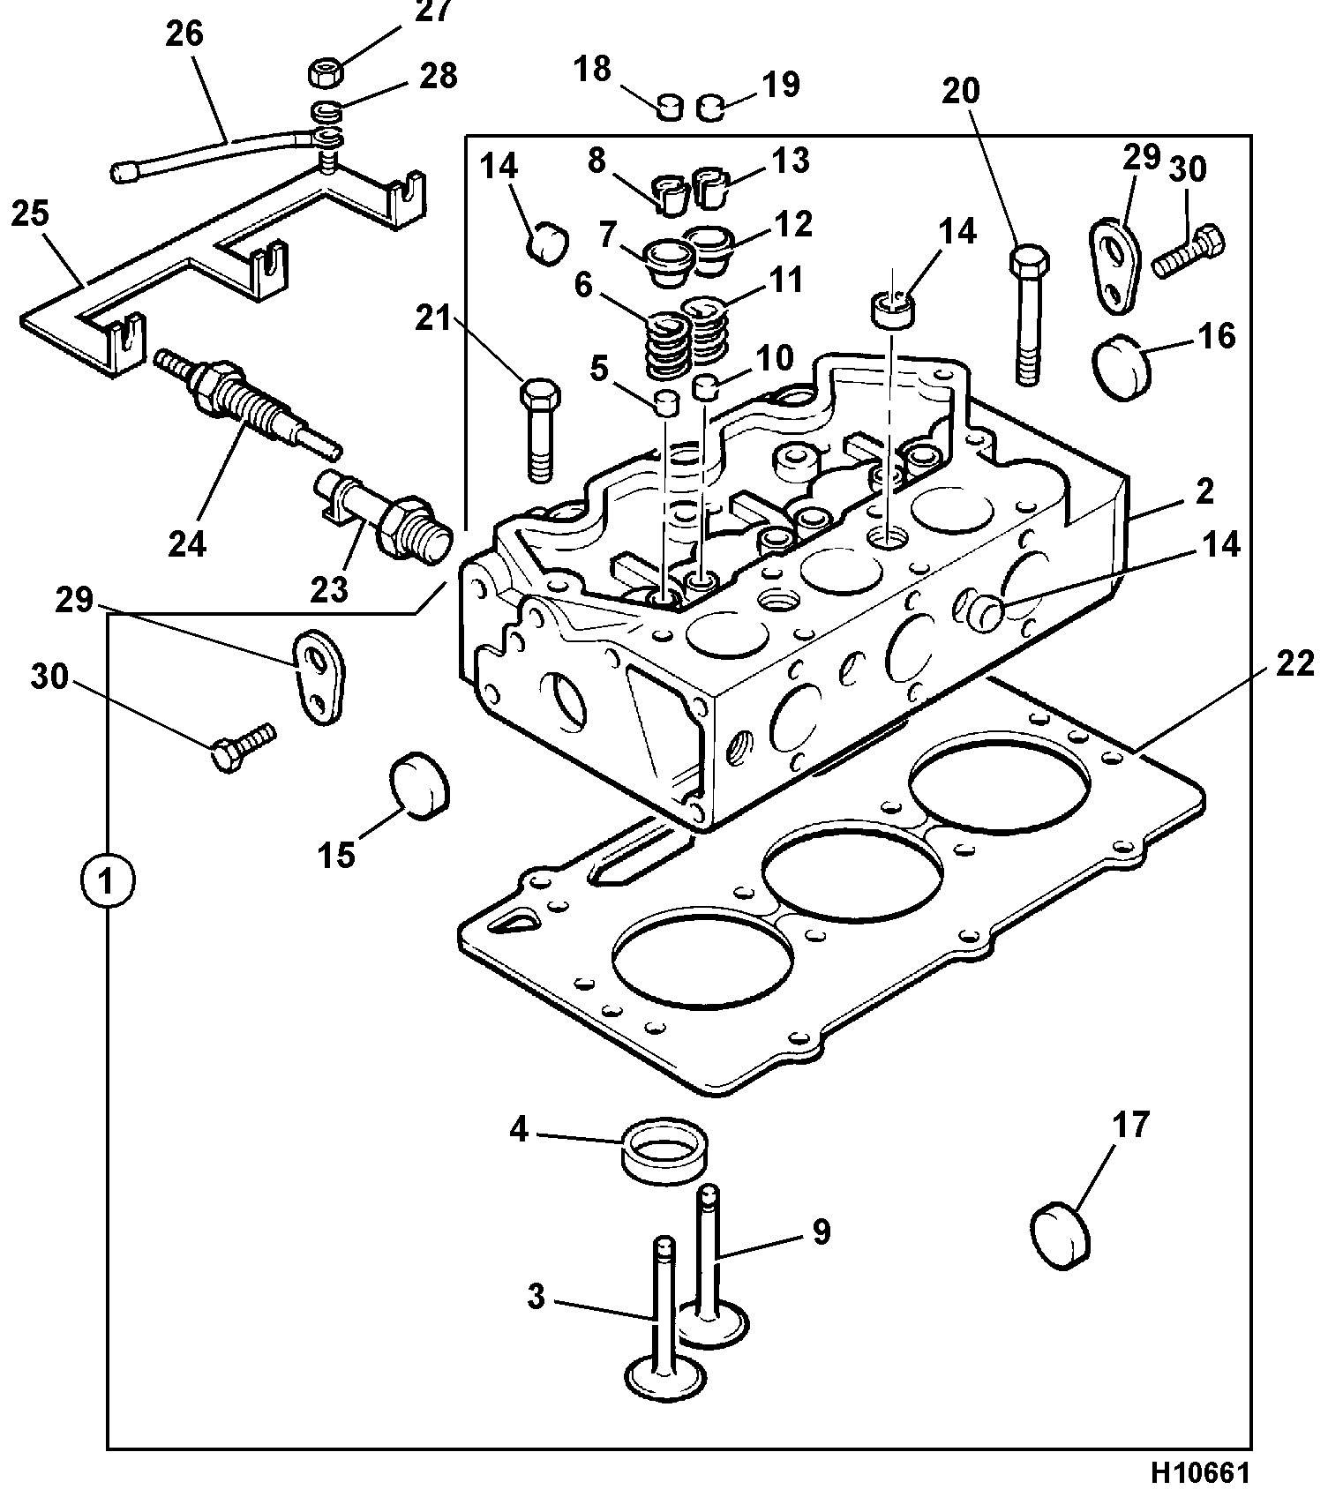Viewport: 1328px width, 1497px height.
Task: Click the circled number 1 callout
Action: pyautogui.click(x=107, y=880)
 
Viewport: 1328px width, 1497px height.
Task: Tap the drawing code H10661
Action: pyautogui.click(x=1200, y=1473)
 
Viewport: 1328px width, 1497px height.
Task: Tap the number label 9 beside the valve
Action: pyautogui.click(x=822, y=1231)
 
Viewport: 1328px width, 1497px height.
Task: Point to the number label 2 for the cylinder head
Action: pyautogui.click(x=1205, y=491)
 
